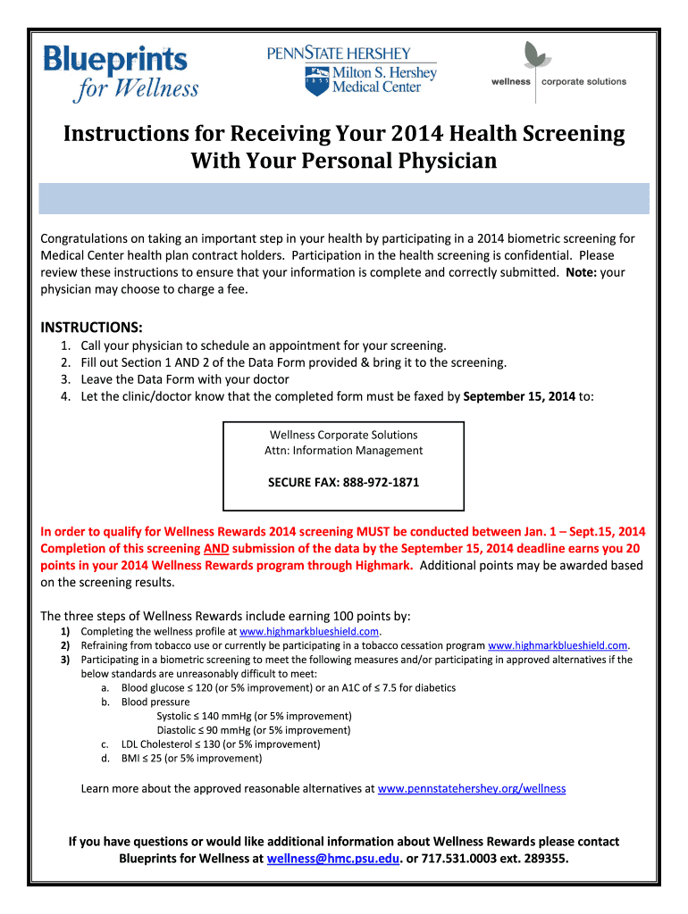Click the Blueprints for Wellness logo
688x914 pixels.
121,72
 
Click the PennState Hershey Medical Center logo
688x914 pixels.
352,71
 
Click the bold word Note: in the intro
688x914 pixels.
581,272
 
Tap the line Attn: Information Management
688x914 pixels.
343,451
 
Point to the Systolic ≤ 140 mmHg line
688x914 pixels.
254,716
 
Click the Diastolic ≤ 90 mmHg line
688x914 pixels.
253,729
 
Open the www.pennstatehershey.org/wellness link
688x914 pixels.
472,789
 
